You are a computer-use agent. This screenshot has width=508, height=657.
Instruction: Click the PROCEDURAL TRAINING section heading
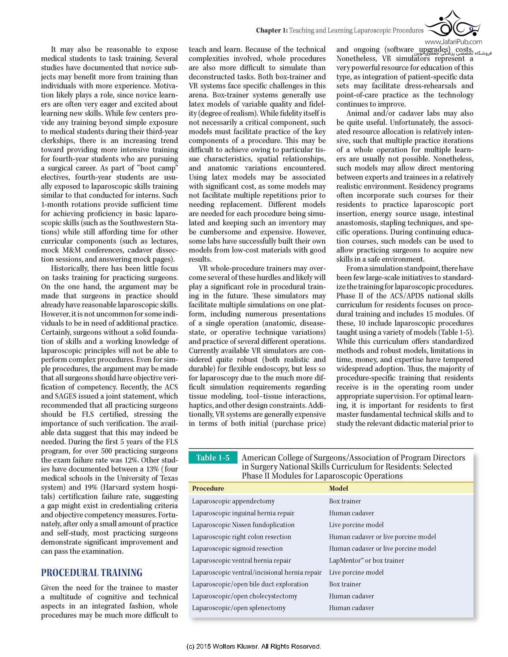pyautogui.click(x=92, y=573)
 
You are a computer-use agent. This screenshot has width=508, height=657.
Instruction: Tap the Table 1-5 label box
pyautogui.click(x=213, y=458)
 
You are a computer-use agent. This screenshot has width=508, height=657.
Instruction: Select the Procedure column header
pyautogui.click(x=208, y=488)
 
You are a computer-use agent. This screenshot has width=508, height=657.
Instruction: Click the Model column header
pyautogui.click(x=339, y=488)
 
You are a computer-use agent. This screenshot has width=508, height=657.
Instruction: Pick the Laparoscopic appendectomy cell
pyautogui.click(x=233, y=501)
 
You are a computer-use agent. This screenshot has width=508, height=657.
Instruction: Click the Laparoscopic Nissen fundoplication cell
pyautogui.click(x=243, y=525)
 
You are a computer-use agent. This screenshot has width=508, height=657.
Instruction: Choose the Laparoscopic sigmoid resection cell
pyautogui.click(x=237, y=548)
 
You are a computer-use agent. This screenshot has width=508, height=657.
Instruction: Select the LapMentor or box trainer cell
pyautogui.click(x=366, y=560)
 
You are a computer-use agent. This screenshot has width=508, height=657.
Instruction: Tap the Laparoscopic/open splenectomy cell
pyautogui.click(x=239, y=608)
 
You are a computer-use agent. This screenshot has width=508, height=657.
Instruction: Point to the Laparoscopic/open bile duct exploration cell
pyautogui.click(x=250, y=584)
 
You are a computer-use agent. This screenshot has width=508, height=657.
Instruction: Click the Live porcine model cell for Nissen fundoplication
pyautogui.click(x=356, y=525)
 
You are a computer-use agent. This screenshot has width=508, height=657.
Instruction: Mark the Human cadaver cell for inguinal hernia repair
pyautogui.click(x=351, y=513)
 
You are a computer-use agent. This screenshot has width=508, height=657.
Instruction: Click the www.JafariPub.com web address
pyautogui.click(x=453, y=42)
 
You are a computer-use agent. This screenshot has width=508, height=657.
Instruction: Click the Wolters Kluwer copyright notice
pyautogui.click(x=253, y=646)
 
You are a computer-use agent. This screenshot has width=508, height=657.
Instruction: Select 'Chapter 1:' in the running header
pyautogui.click(x=272, y=30)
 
